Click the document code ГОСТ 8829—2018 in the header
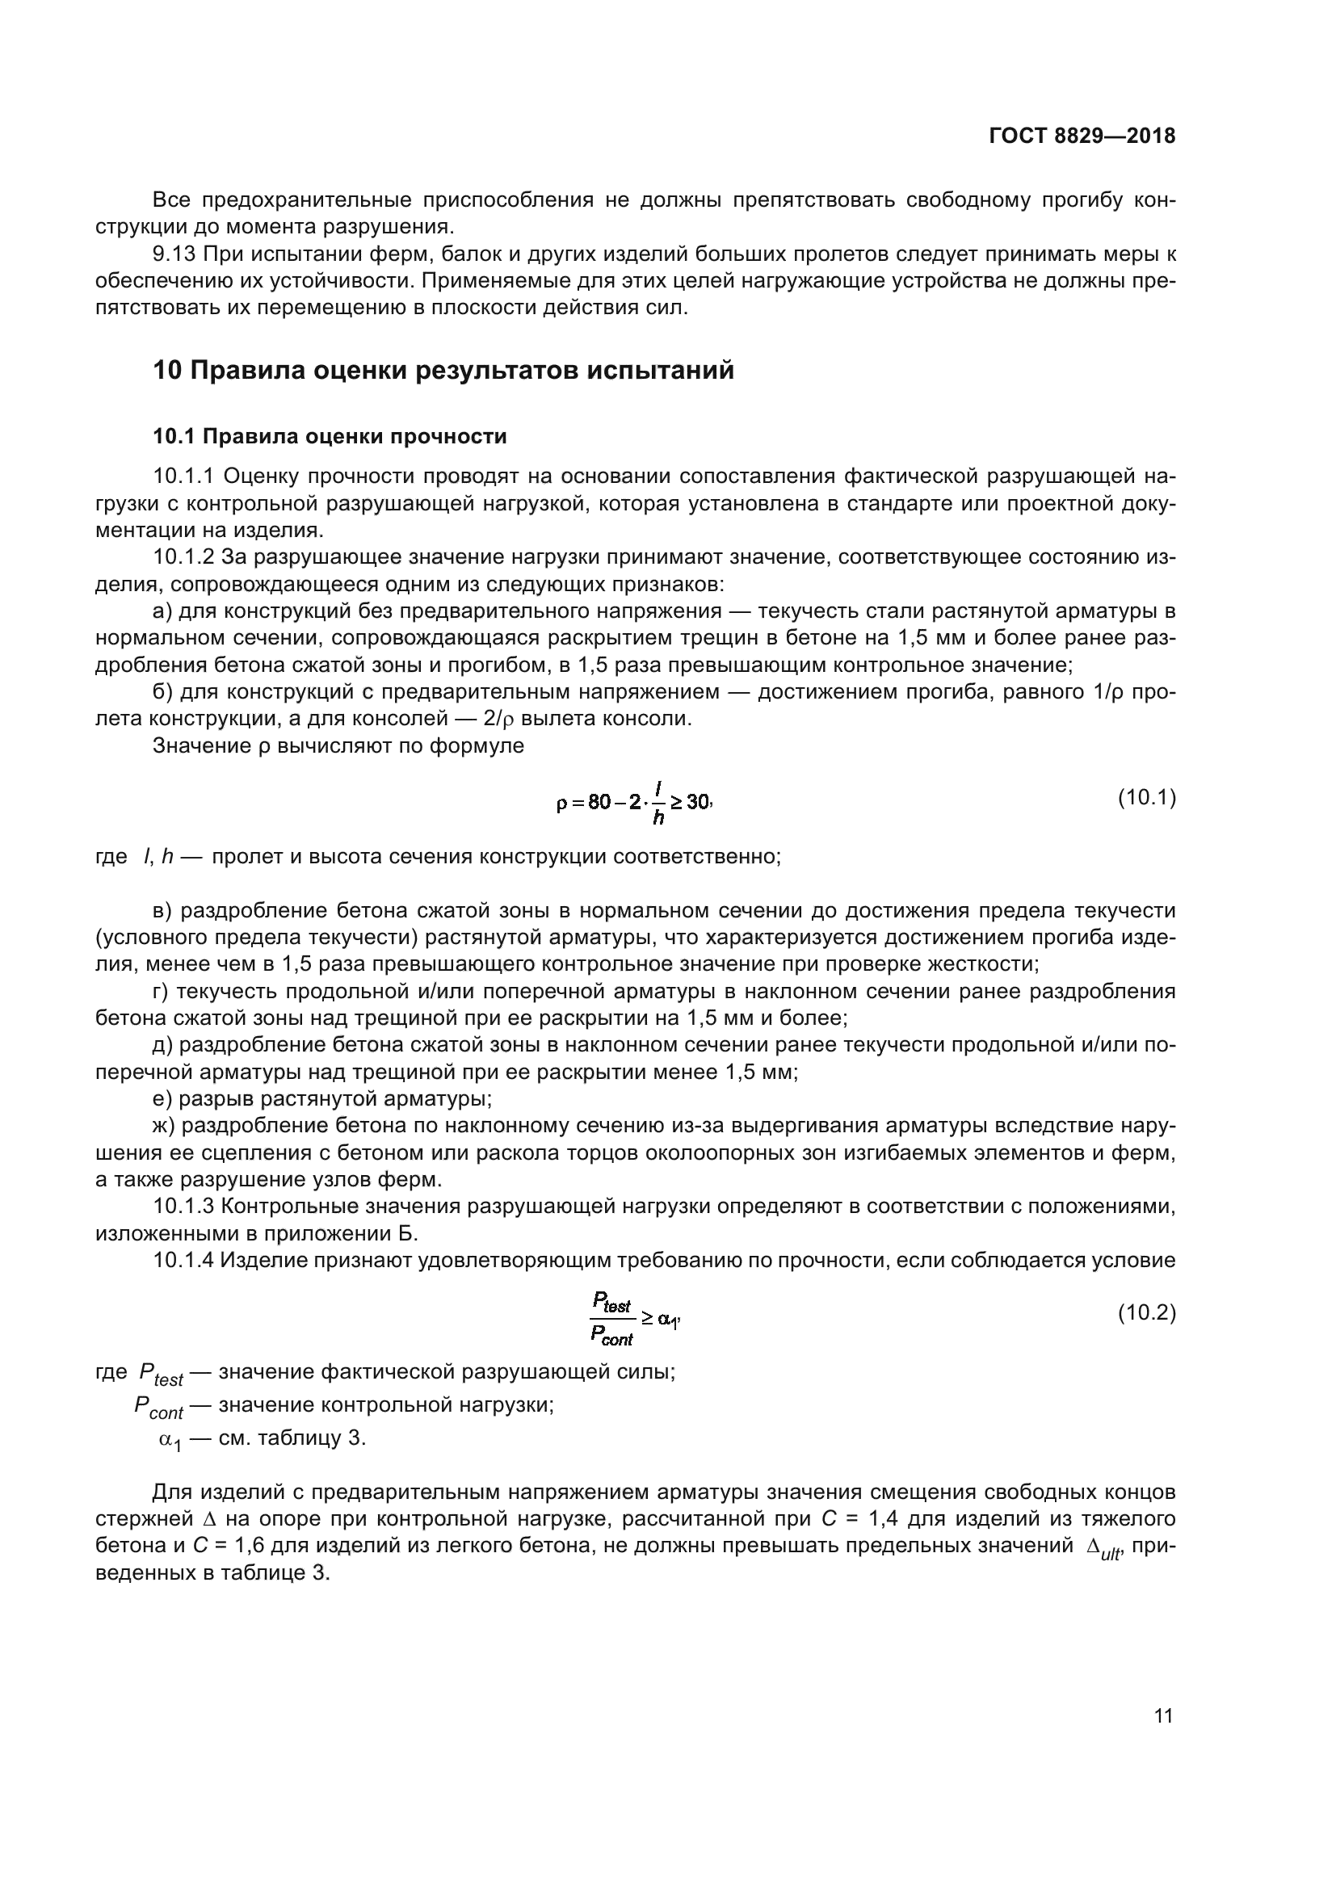point(1081,136)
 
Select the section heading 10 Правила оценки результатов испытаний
point(443,370)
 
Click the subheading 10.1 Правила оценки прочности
point(329,436)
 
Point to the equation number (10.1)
point(1146,797)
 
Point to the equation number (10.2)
point(1146,1313)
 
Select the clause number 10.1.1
point(183,476)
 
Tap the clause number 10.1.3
point(183,1207)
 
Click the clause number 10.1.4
point(183,1261)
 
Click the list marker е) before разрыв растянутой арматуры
point(164,1099)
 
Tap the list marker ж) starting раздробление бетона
point(165,1126)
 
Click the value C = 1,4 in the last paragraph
point(851,1519)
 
